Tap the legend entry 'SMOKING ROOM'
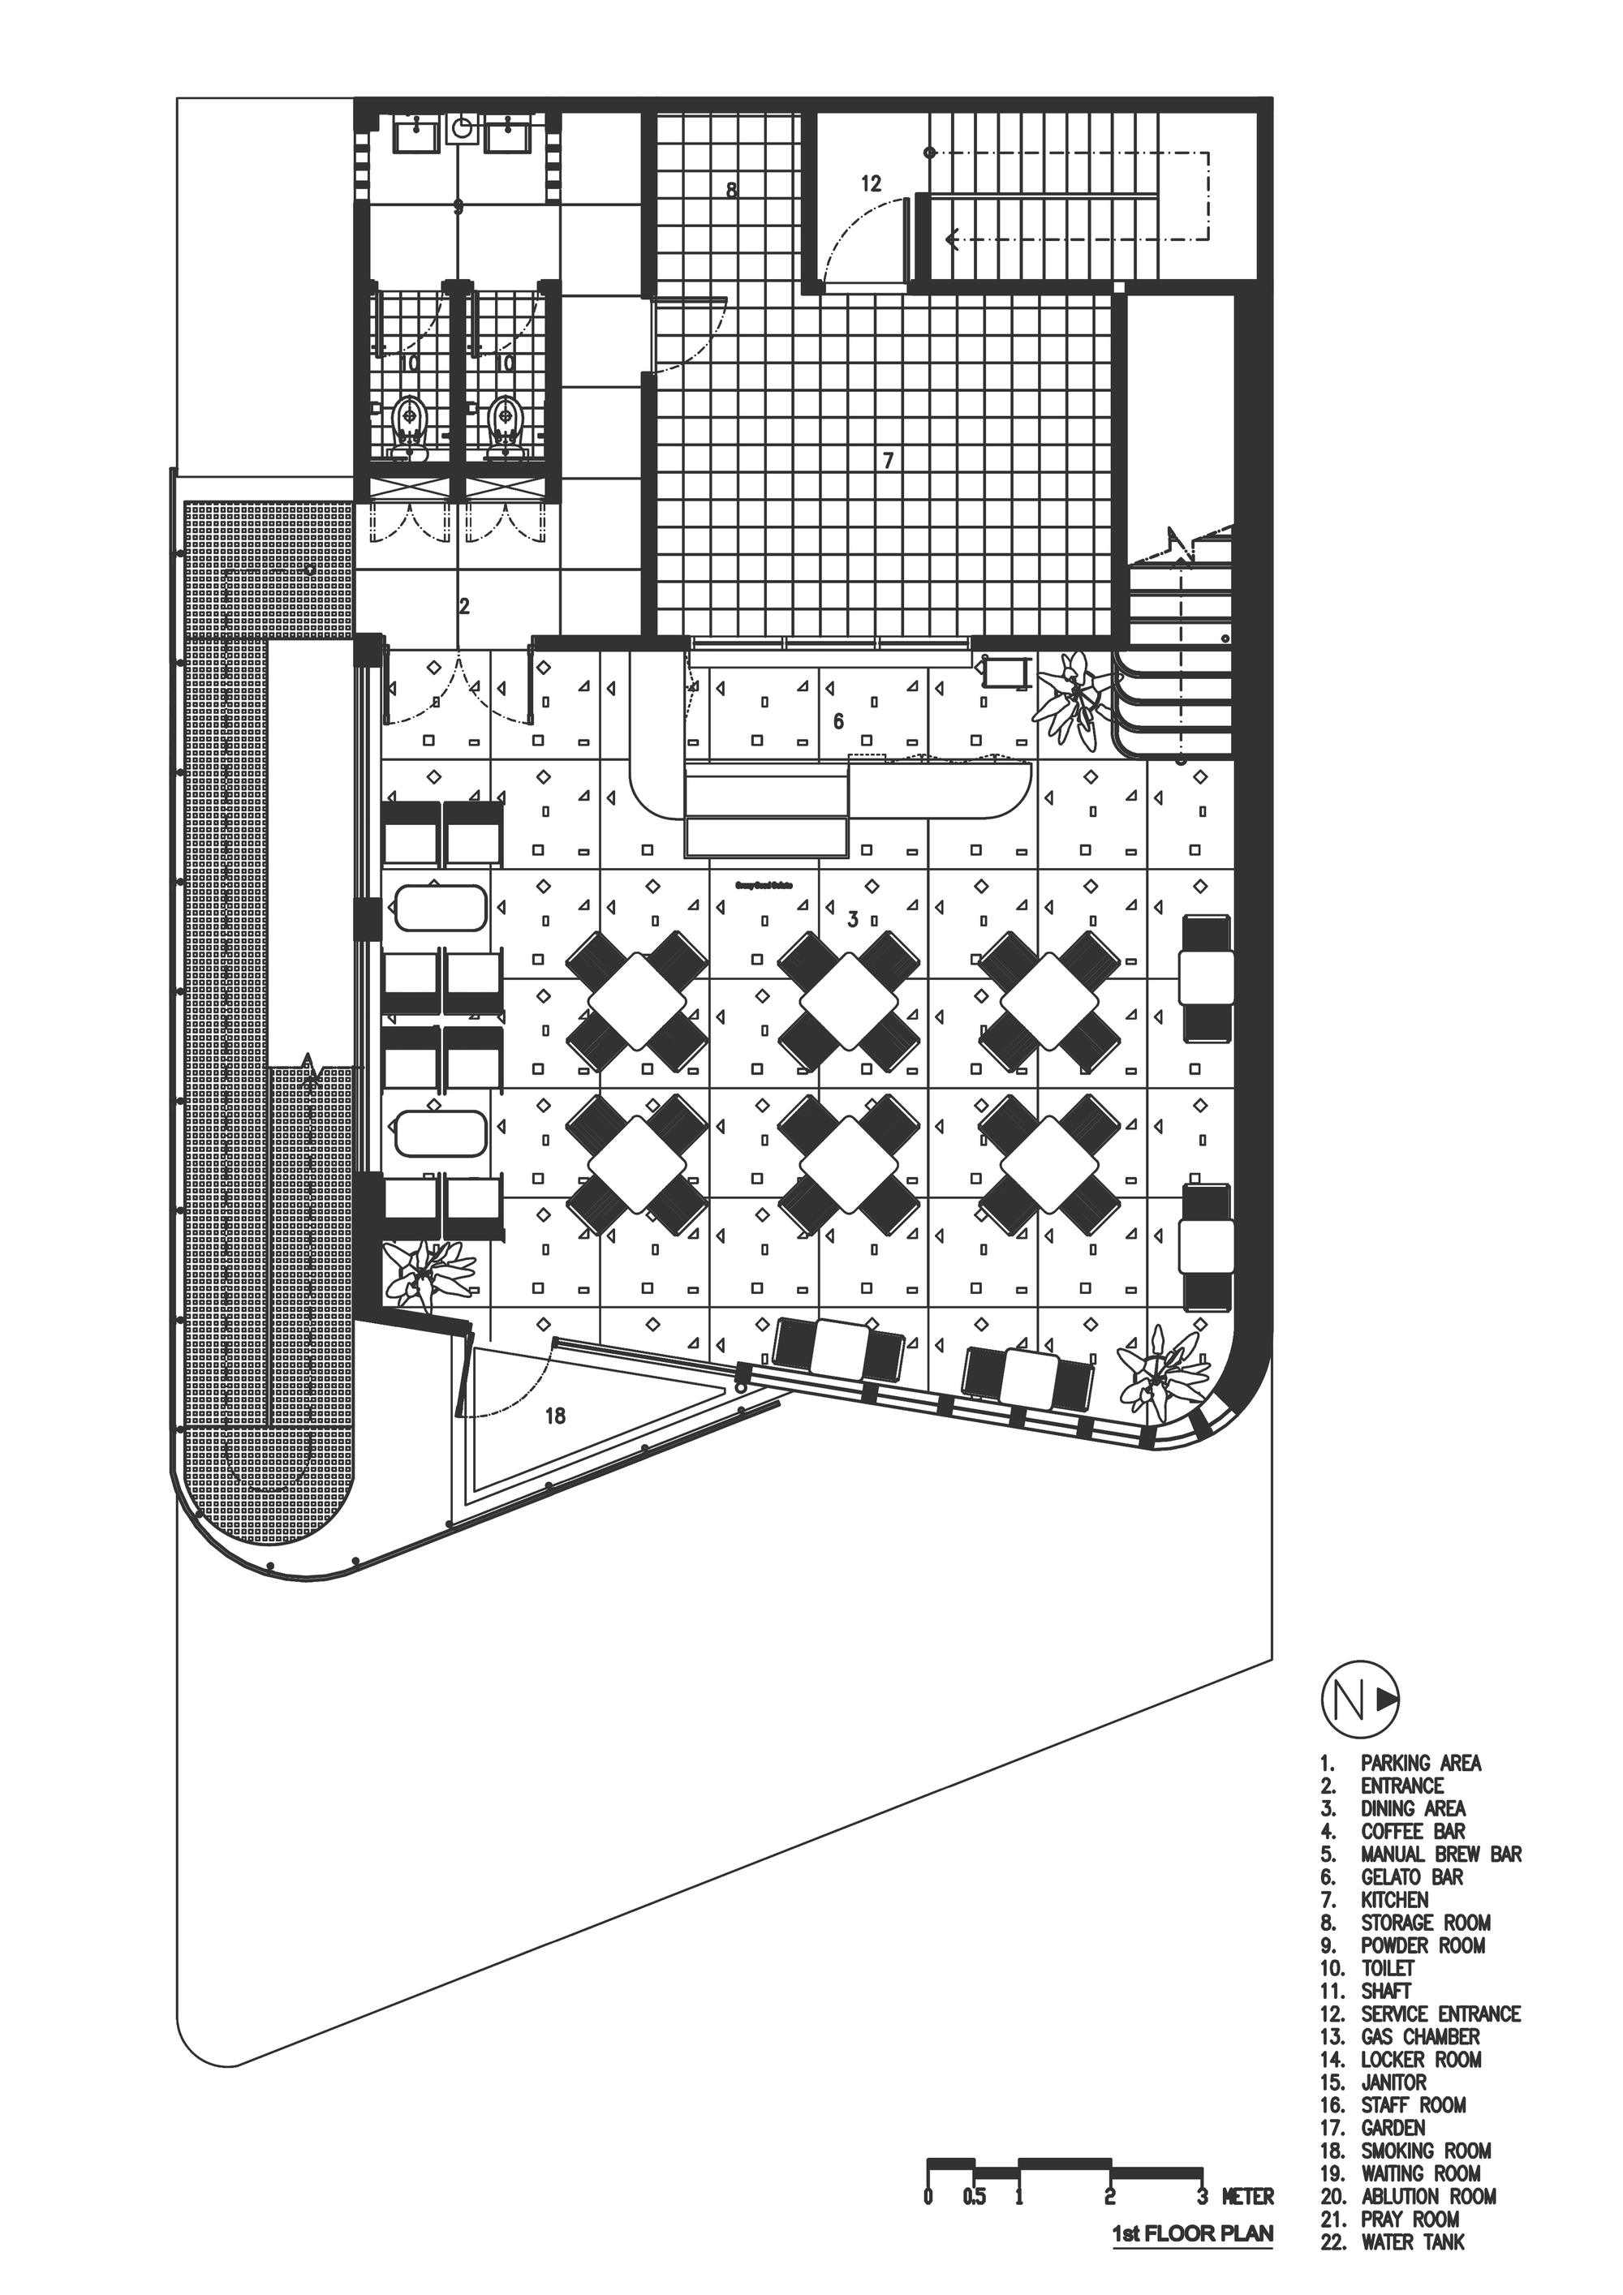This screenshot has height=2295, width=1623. click(1425, 2142)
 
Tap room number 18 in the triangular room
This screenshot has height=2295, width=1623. click(556, 1416)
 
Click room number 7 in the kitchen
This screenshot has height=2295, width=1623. click(887, 461)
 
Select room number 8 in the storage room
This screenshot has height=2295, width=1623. click(732, 189)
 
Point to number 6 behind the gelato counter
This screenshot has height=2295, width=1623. click(838, 720)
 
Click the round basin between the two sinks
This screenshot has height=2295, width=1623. click(462, 129)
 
